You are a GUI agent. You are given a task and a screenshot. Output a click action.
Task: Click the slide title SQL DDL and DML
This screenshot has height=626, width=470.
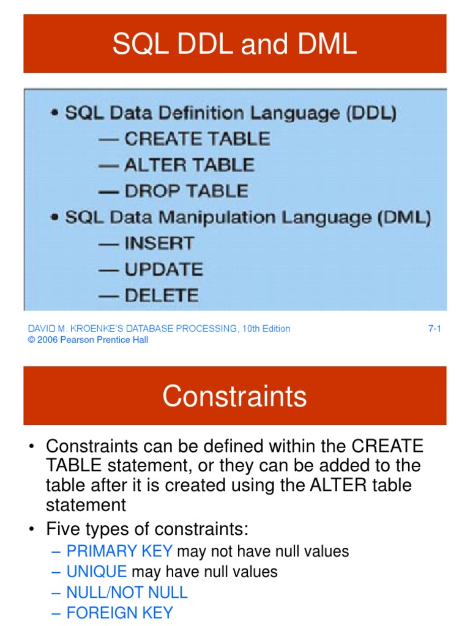[234, 45]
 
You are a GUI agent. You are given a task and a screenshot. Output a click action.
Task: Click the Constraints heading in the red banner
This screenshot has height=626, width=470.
[234, 396]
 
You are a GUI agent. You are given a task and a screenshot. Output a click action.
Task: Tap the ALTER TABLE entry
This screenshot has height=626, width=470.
[189, 165]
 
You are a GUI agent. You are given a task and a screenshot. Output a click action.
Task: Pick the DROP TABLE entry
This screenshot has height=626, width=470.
[186, 191]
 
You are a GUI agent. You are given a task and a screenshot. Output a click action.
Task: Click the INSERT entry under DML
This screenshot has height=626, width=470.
[159, 243]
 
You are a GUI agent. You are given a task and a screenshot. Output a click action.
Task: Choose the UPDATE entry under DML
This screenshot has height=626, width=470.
[163, 270]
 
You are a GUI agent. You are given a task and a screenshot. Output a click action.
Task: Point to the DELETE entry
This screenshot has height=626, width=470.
[162, 296]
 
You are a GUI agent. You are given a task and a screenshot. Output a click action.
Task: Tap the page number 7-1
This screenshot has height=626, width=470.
[435, 329]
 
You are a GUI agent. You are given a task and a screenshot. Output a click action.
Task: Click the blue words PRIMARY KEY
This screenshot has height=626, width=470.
[119, 551]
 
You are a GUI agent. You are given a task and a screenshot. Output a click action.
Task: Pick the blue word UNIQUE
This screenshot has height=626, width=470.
[97, 572]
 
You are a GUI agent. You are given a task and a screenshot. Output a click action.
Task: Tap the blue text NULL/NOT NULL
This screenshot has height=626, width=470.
[127, 592]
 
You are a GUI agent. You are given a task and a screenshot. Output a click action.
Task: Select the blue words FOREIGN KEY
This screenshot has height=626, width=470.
[119, 613]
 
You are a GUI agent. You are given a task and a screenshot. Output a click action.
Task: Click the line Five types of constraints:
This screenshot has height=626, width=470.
[147, 528]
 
